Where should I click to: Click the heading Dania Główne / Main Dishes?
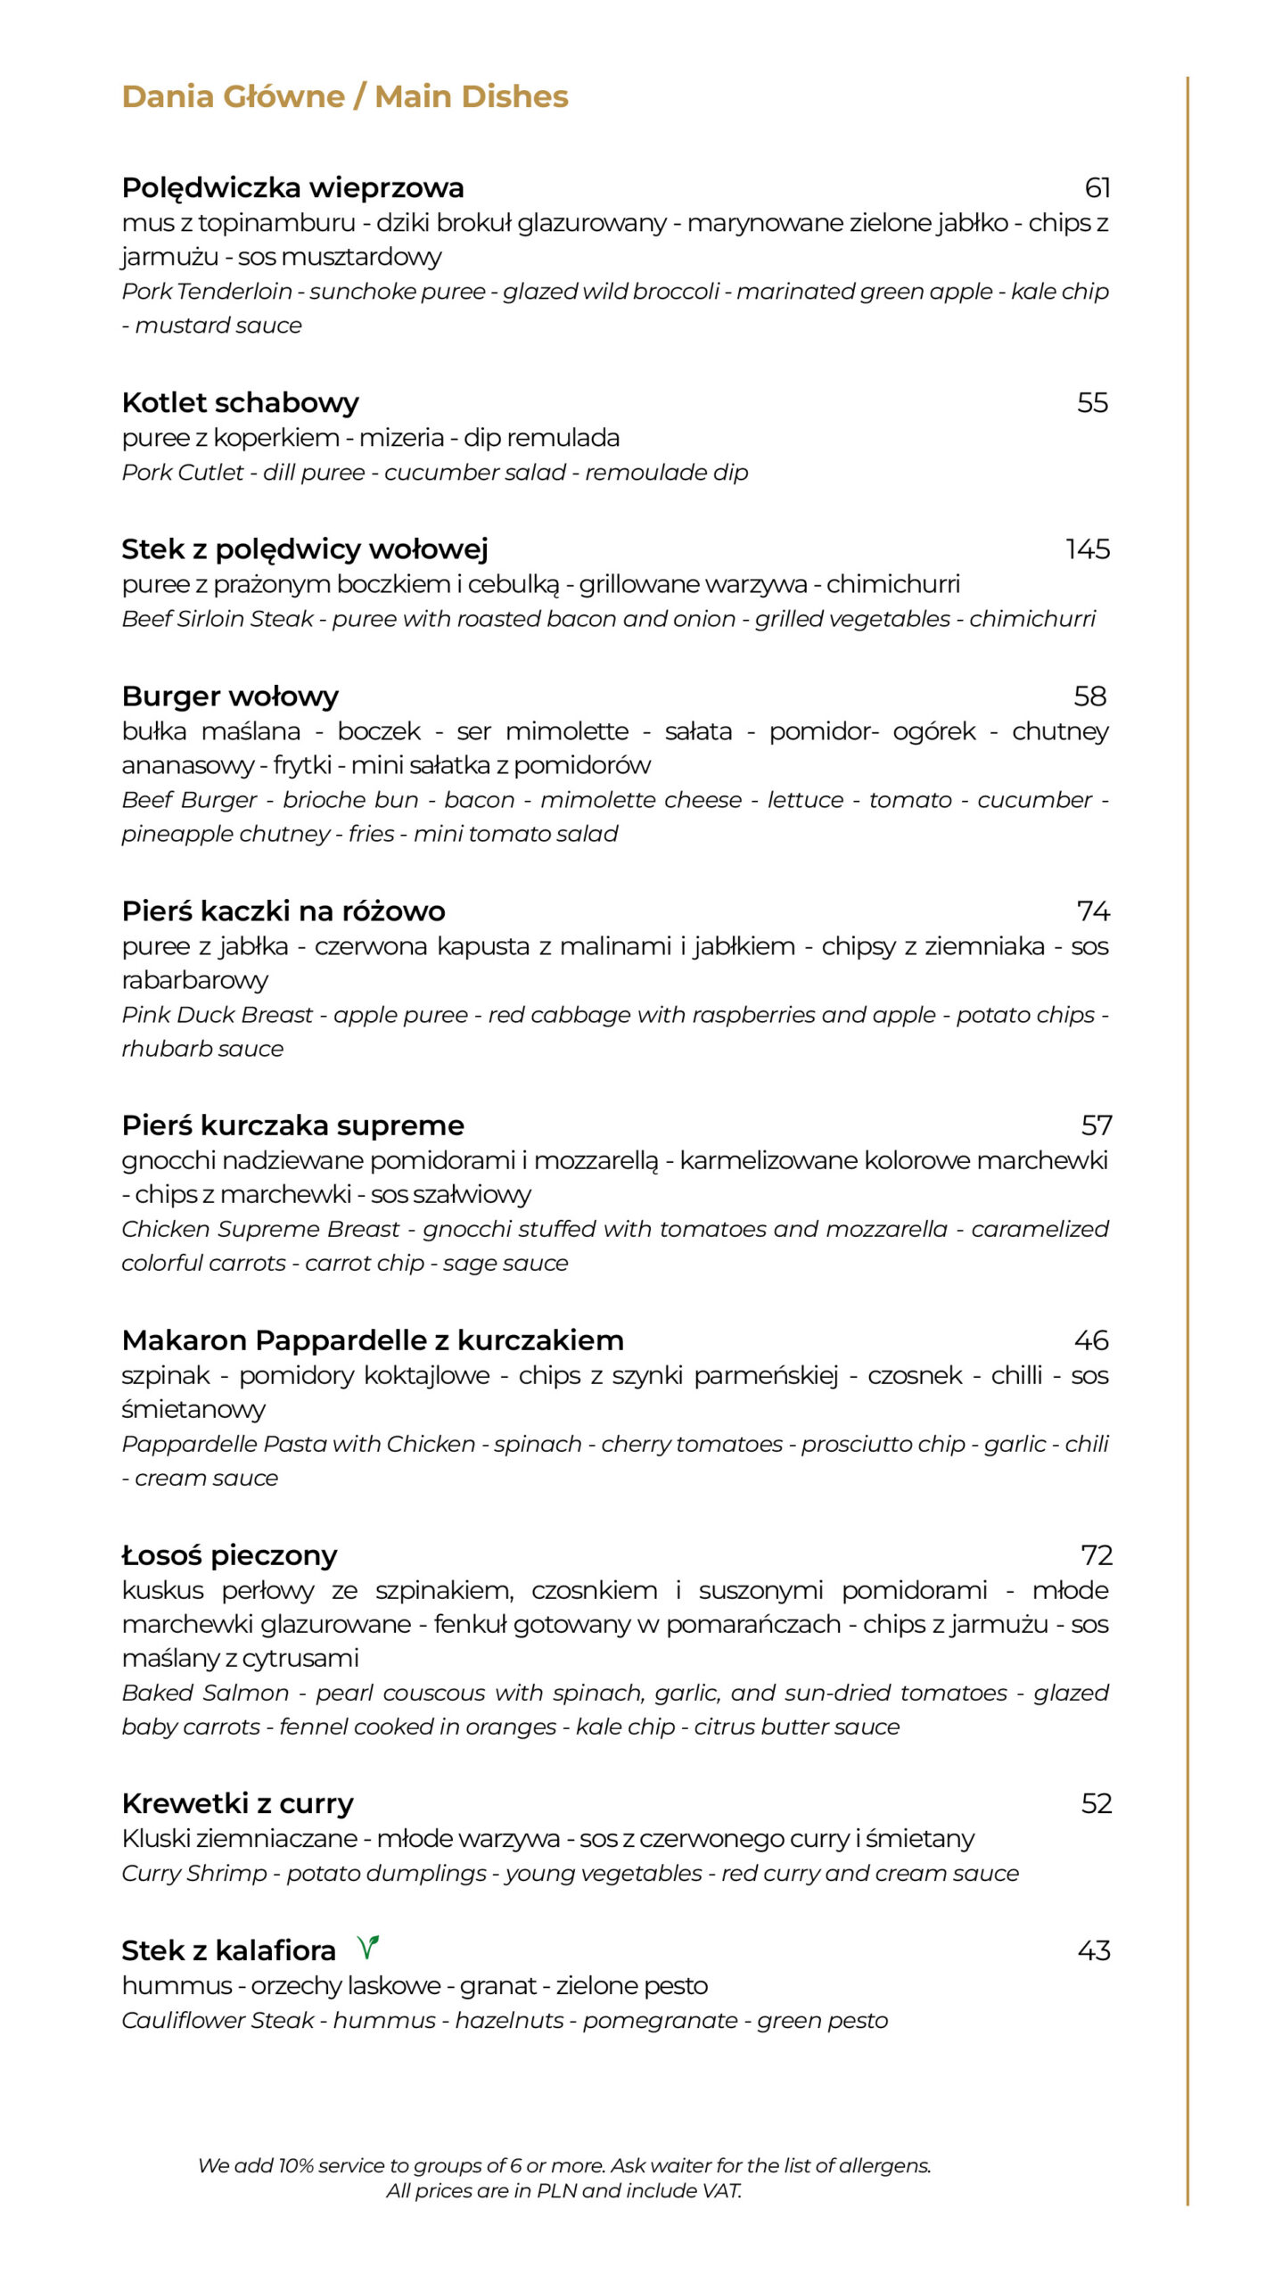point(344,96)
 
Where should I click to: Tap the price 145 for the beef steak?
point(1087,548)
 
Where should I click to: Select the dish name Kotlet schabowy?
point(240,402)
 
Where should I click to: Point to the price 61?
point(1097,187)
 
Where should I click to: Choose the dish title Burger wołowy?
point(230,696)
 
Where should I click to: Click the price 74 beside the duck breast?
point(1093,911)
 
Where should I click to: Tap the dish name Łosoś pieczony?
point(229,1555)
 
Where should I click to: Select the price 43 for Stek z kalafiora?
point(1093,1950)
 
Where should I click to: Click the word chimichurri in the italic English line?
point(1031,619)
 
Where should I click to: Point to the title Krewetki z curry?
point(237,1803)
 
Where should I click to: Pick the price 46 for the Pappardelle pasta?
point(1091,1340)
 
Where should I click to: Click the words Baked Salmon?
point(205,1693)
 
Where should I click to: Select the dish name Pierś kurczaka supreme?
point(292,1125)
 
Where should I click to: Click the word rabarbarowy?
point(194,980)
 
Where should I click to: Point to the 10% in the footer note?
point(295,2165)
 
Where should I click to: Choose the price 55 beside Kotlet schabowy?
point(1092,402)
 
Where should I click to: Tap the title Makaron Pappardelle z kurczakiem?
point(373,1340)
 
